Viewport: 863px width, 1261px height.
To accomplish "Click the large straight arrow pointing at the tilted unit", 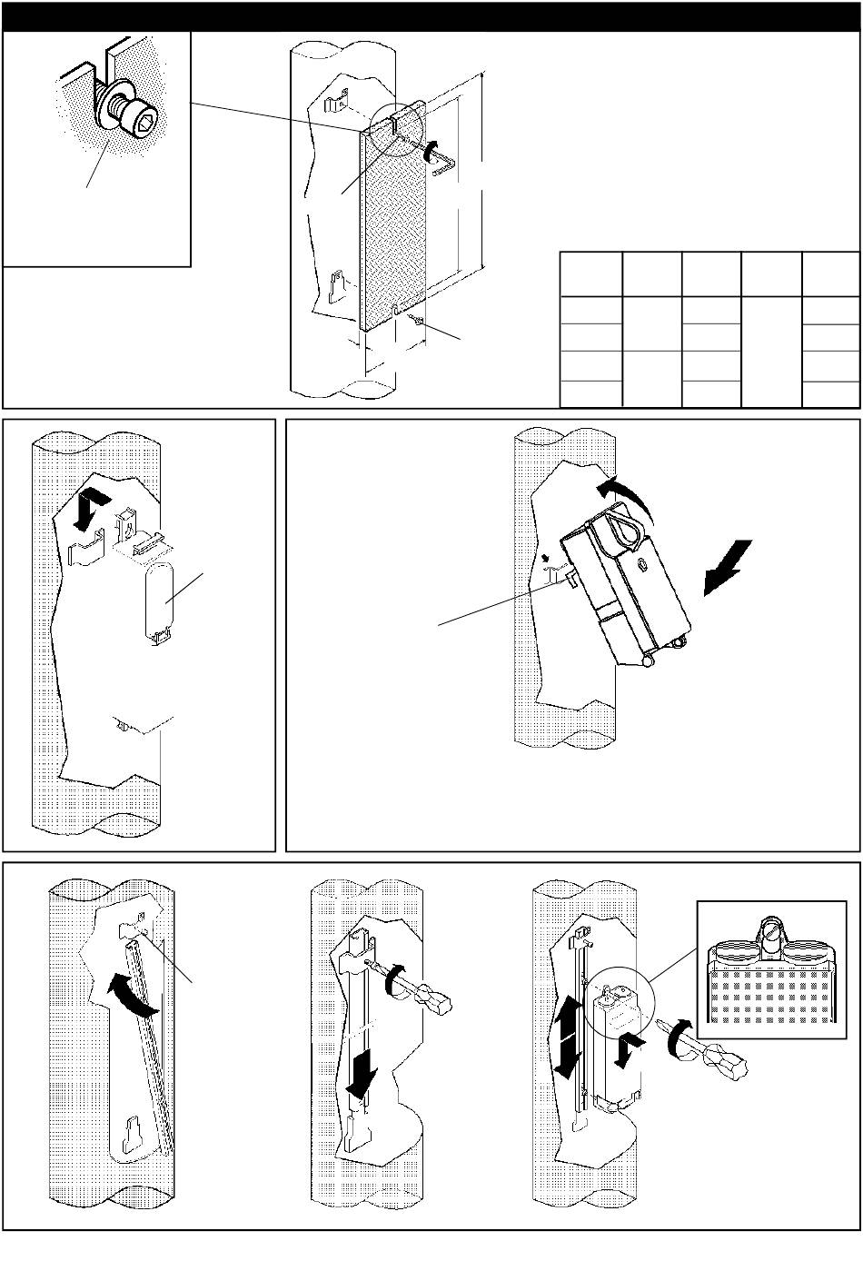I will point(729,567).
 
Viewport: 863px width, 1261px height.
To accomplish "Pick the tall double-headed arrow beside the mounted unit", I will point(566,1036).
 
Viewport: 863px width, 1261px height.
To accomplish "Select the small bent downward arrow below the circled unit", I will point(627,1053).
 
